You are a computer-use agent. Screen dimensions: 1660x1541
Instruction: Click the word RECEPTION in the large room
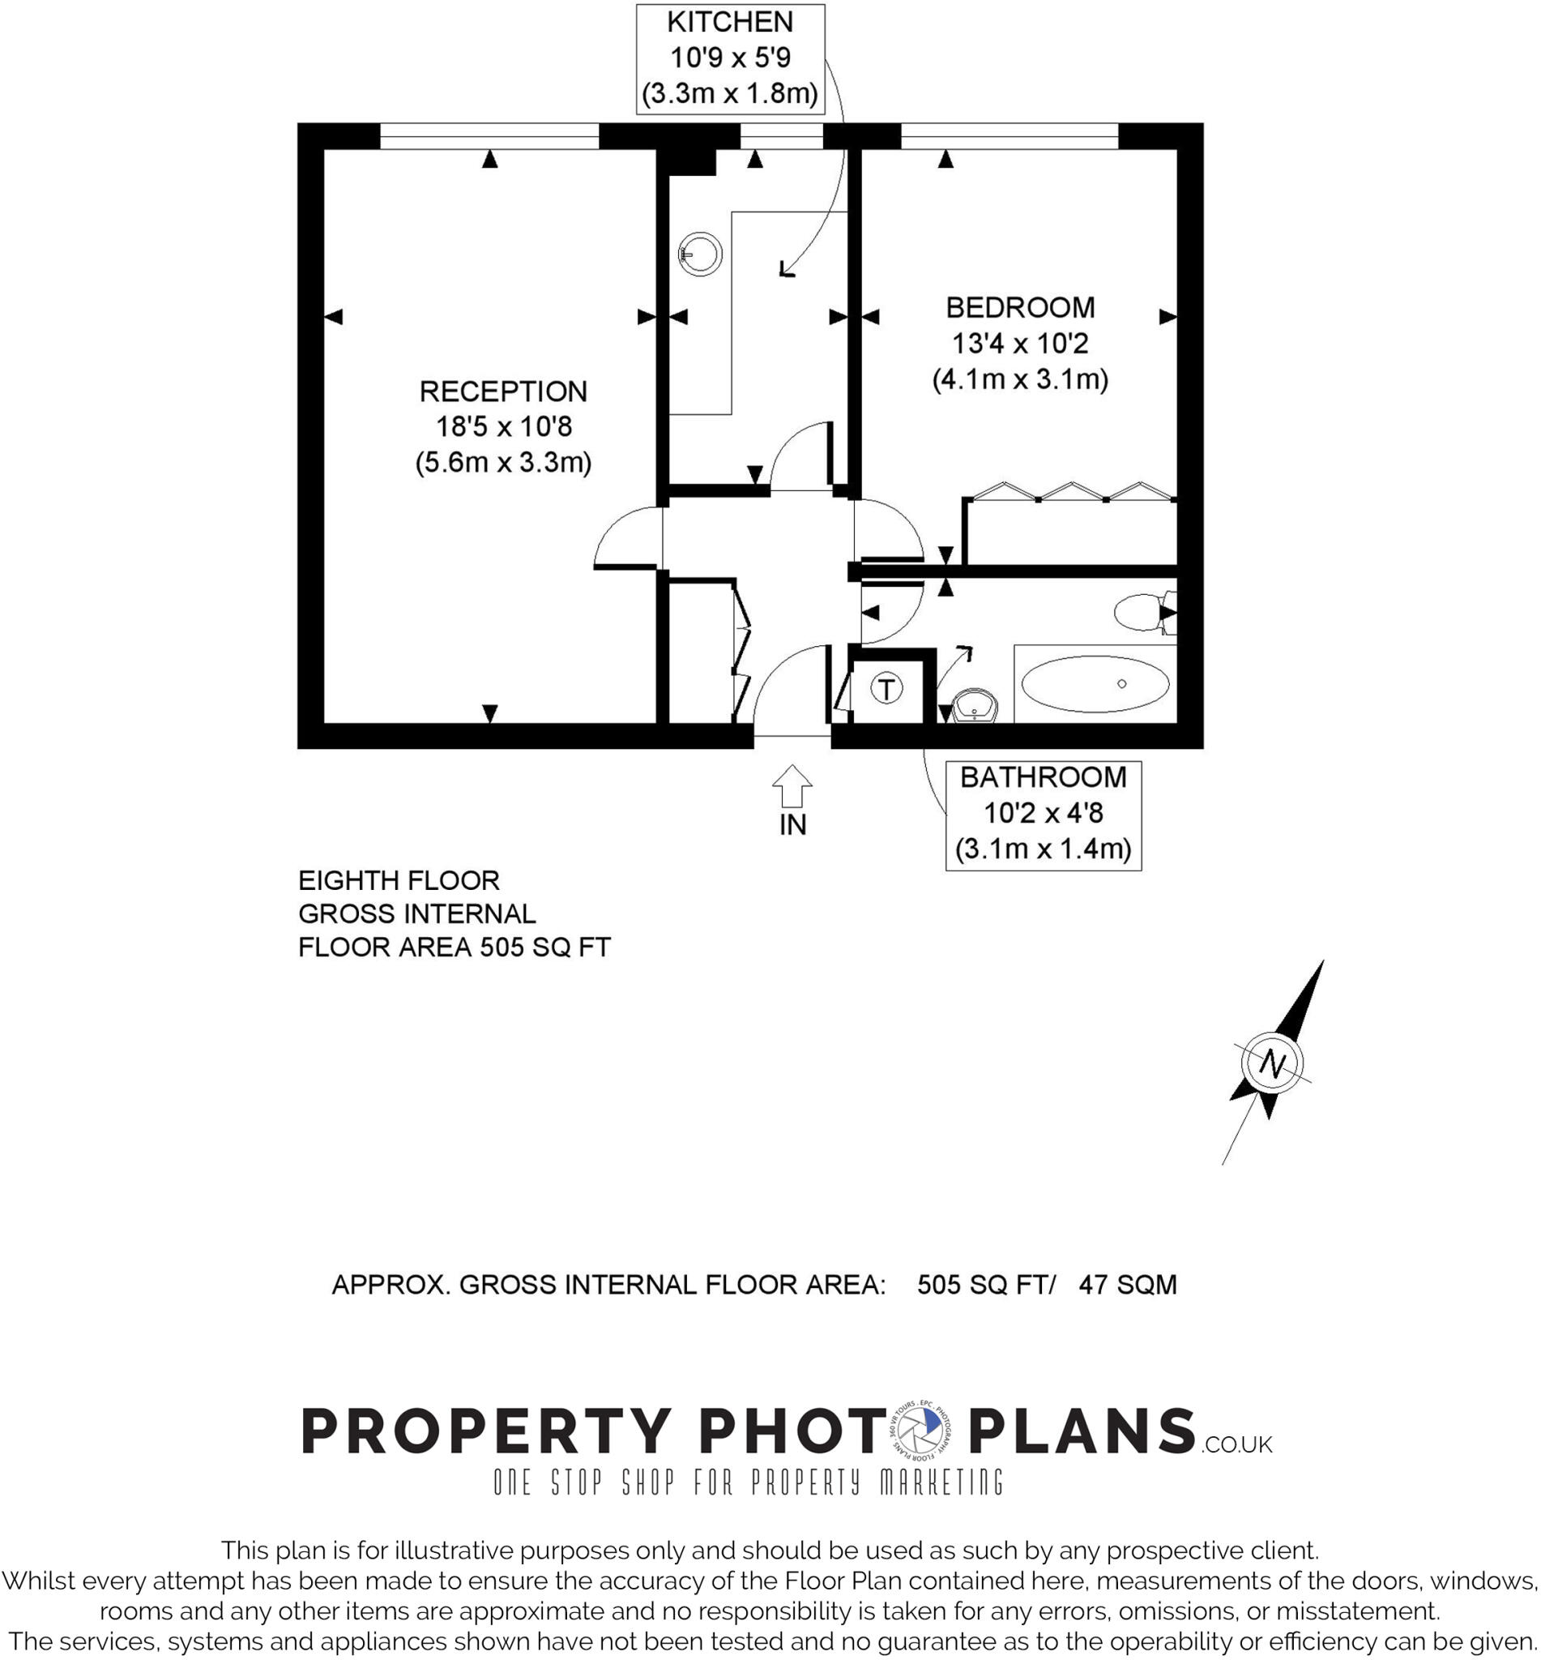(503, 391)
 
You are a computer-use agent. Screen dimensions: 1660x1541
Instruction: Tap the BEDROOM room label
(1020, 307)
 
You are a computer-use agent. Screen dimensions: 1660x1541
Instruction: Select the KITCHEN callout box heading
(730, 23)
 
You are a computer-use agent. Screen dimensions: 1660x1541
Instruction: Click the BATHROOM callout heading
(1043, 777)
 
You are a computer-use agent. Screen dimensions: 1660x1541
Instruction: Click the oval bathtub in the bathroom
(1094, 684)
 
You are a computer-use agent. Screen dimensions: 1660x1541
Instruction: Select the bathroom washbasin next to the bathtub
(974, 707)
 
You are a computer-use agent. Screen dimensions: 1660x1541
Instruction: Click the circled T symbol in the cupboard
(886, 689)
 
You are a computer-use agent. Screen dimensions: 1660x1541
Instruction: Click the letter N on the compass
(1272, 1063)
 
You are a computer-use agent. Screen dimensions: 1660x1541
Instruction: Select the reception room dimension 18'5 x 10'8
(504, 426)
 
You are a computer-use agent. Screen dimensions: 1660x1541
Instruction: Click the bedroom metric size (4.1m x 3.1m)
(1020, 379)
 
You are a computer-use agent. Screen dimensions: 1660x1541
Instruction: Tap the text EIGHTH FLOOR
(399, 880)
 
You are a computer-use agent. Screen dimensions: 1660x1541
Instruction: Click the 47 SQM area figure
(1128, 1285)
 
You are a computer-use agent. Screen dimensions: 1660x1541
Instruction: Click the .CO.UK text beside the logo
(1236, 1444)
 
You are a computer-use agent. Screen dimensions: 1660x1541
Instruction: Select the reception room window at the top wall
(489, 136)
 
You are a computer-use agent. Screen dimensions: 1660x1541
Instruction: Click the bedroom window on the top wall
(1009, 136)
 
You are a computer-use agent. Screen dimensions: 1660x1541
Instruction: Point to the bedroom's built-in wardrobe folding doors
(1072, 491)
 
